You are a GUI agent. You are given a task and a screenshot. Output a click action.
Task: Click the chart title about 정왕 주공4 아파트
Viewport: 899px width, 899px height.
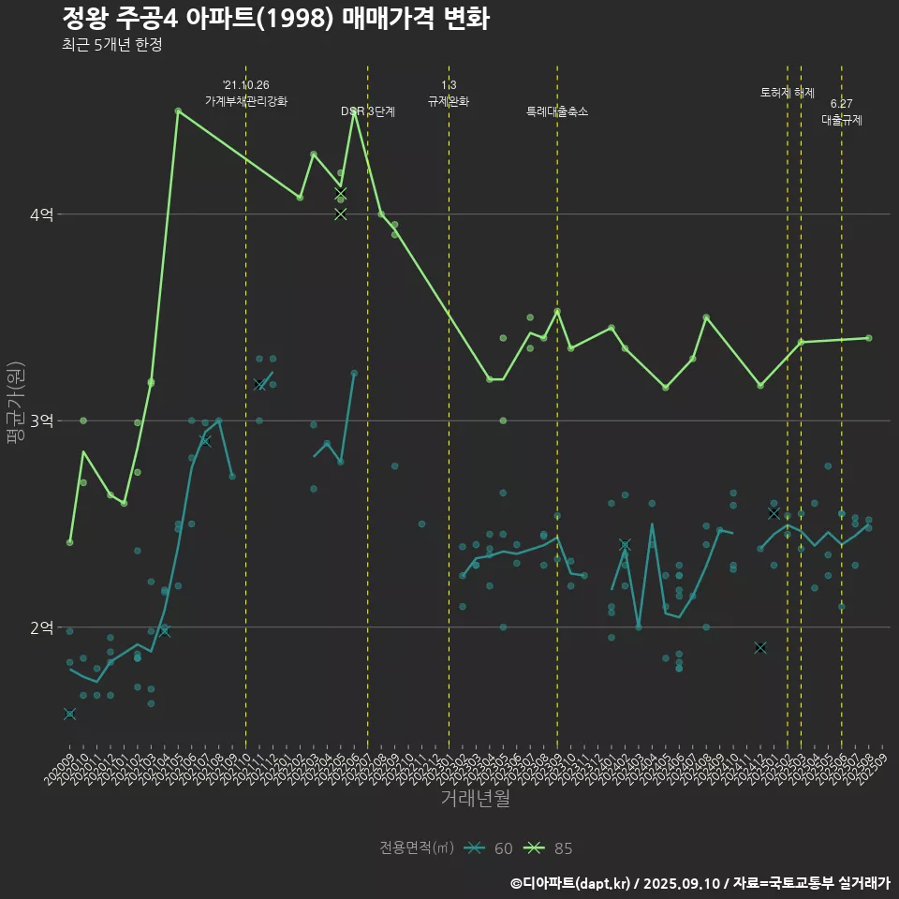pos(275,19)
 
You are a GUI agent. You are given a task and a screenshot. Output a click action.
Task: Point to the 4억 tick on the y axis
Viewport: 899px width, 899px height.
pos(42,214)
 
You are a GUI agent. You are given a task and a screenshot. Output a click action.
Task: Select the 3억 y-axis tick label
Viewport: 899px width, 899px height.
pos(42,421)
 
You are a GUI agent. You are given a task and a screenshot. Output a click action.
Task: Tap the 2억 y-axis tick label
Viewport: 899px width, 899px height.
pos(42,627)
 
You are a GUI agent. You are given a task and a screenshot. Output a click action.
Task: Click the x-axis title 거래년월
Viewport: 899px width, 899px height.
pos(475,799)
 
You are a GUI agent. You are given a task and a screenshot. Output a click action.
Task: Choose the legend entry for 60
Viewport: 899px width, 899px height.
pos(491,848)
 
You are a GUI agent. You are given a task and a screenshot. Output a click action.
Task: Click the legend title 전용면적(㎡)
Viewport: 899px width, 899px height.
pos(417,848)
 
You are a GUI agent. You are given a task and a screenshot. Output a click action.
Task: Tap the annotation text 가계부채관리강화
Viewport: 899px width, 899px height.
pos(246,101)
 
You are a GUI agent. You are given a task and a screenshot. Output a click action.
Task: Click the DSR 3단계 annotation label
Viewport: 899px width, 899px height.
pos(368,111)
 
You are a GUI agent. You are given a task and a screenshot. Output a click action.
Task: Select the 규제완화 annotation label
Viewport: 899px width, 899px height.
pos(449,101)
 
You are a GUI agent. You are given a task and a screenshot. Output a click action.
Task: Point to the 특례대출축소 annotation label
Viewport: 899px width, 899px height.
pos(557,111)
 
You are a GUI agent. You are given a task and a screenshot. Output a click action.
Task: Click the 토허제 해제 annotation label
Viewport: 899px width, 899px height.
pos(788,93)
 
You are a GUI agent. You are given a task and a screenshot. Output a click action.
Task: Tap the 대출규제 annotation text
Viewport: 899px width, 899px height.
pos(842,120)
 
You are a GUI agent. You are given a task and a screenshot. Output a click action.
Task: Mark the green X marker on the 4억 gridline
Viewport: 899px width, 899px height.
pos(341,214)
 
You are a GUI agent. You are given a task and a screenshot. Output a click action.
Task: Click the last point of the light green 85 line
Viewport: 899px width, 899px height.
pos(869,338)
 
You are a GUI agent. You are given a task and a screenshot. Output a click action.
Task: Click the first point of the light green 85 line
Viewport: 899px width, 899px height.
pos(69,542)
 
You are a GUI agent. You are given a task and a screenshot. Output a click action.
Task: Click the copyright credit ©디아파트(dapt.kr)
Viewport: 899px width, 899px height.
pos(572,883)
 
